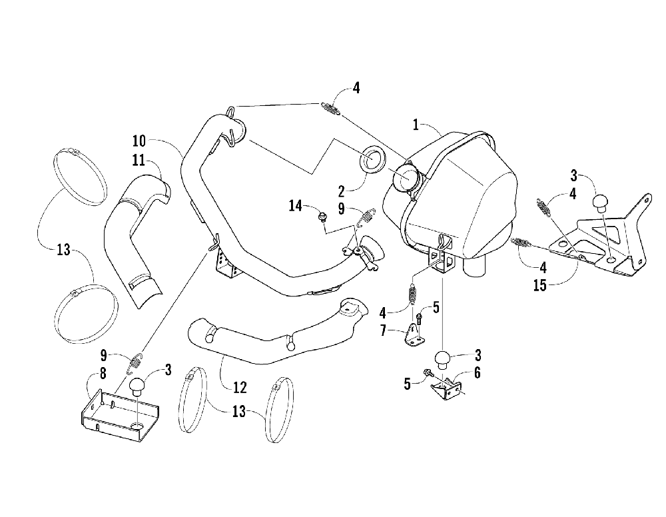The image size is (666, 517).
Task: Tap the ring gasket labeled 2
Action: click(373, 161)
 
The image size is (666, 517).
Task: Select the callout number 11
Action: click(139, 161)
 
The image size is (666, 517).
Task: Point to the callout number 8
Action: click(102, 374)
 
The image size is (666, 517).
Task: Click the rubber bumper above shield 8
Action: click(138, 386)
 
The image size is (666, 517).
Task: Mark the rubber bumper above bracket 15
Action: click(601, 199)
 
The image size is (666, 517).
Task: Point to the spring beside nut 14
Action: click(364, 217)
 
